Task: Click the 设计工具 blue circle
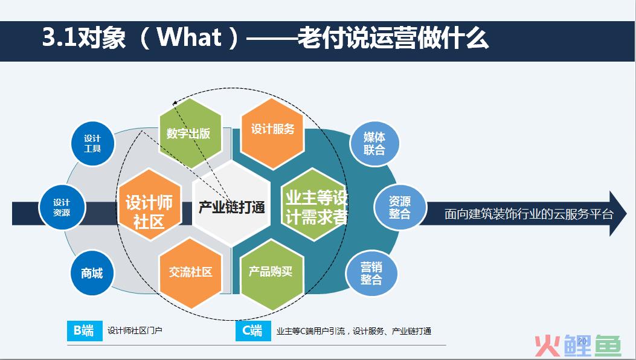pos(92,144)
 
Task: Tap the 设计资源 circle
pos(62,207)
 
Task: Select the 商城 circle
pos(92,273)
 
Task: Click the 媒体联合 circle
pos(374,144)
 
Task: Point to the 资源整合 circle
pos(400,207)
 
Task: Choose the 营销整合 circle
pos(371,273)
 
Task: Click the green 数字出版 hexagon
pos(190,133)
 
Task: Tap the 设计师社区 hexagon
pos(149,205)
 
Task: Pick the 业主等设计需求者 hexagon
pos(314,205)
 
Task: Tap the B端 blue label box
pos(85,331)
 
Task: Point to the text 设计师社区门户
pos(135,331)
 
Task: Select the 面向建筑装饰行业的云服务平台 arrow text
pos(529,214)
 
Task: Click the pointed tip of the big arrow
pos(626,213)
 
